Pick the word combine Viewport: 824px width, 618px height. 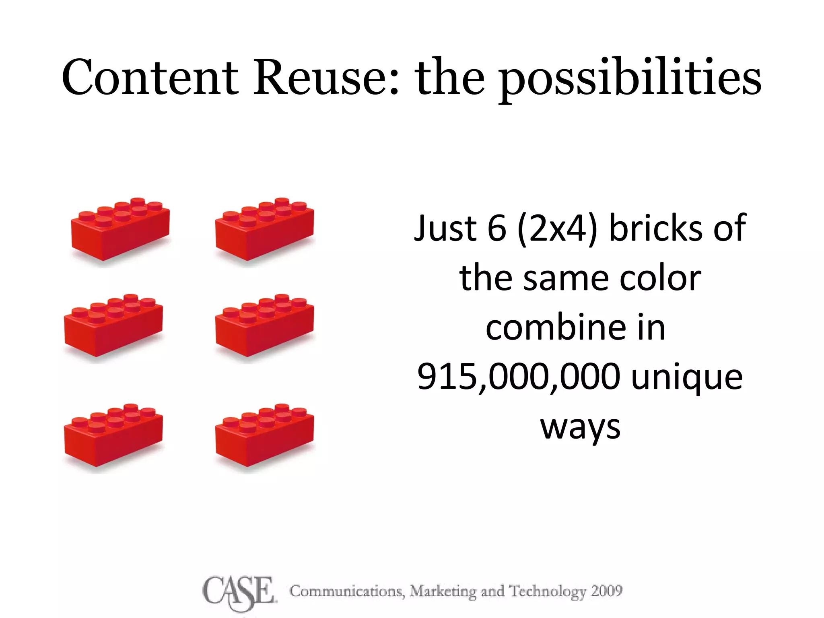click(548, 328)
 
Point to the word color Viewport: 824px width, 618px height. click(660, 278)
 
